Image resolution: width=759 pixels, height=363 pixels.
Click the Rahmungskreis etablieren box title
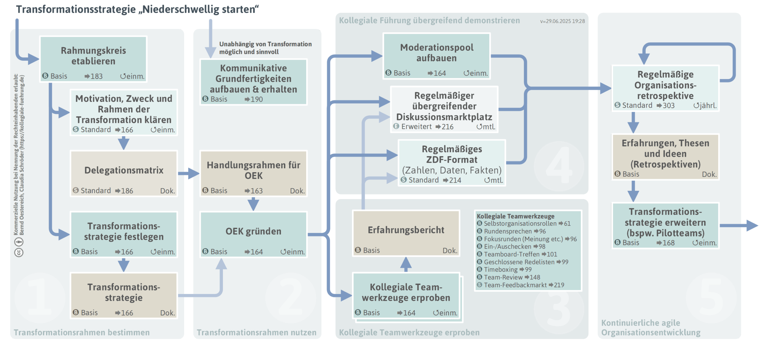click(x=93, y=55)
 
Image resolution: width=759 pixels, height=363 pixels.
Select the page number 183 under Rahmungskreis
click(x=96, y=76)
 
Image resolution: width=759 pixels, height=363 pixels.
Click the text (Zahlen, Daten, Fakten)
click(x=451, y=170)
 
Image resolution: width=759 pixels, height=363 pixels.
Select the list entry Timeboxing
click(x=500, y=269)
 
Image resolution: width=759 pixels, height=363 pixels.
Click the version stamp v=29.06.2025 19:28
click(x=562, y=21)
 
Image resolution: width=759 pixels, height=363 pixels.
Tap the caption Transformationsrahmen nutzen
click(x=256, y=332)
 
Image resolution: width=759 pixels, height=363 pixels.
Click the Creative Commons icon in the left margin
click(x=19, y=252)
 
